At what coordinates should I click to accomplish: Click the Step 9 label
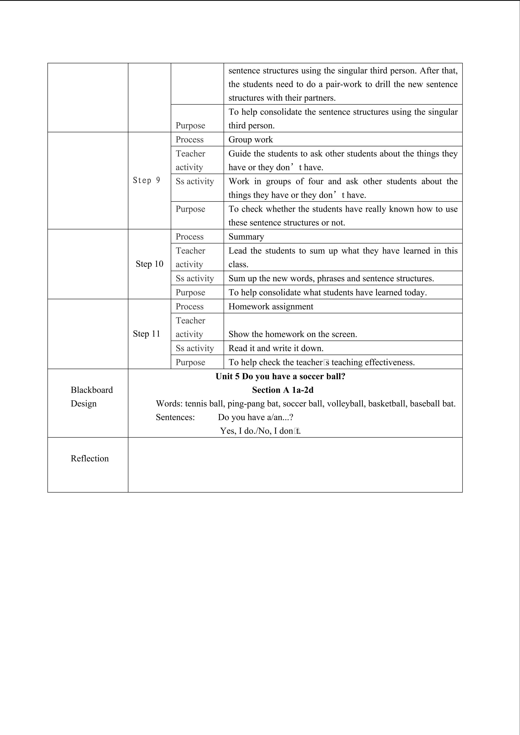click(x=146, y=181)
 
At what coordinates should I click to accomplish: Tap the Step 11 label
click(x=146, y=334)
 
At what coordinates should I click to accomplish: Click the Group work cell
click(x=250, y=139)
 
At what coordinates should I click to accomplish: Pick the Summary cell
click(x=246, y=237)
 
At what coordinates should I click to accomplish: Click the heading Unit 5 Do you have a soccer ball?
click(x=280, y=377)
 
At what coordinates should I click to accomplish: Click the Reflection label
click(x=90, y=458)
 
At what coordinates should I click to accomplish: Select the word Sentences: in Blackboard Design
click(x=175, y=417)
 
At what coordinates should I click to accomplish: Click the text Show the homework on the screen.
click(x=292, y=334)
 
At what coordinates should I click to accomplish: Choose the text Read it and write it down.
click(x=276, y=348)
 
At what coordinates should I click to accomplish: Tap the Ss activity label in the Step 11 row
click(x=194, y=348)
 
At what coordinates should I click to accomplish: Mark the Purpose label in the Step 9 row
click(x=190, y=209)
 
